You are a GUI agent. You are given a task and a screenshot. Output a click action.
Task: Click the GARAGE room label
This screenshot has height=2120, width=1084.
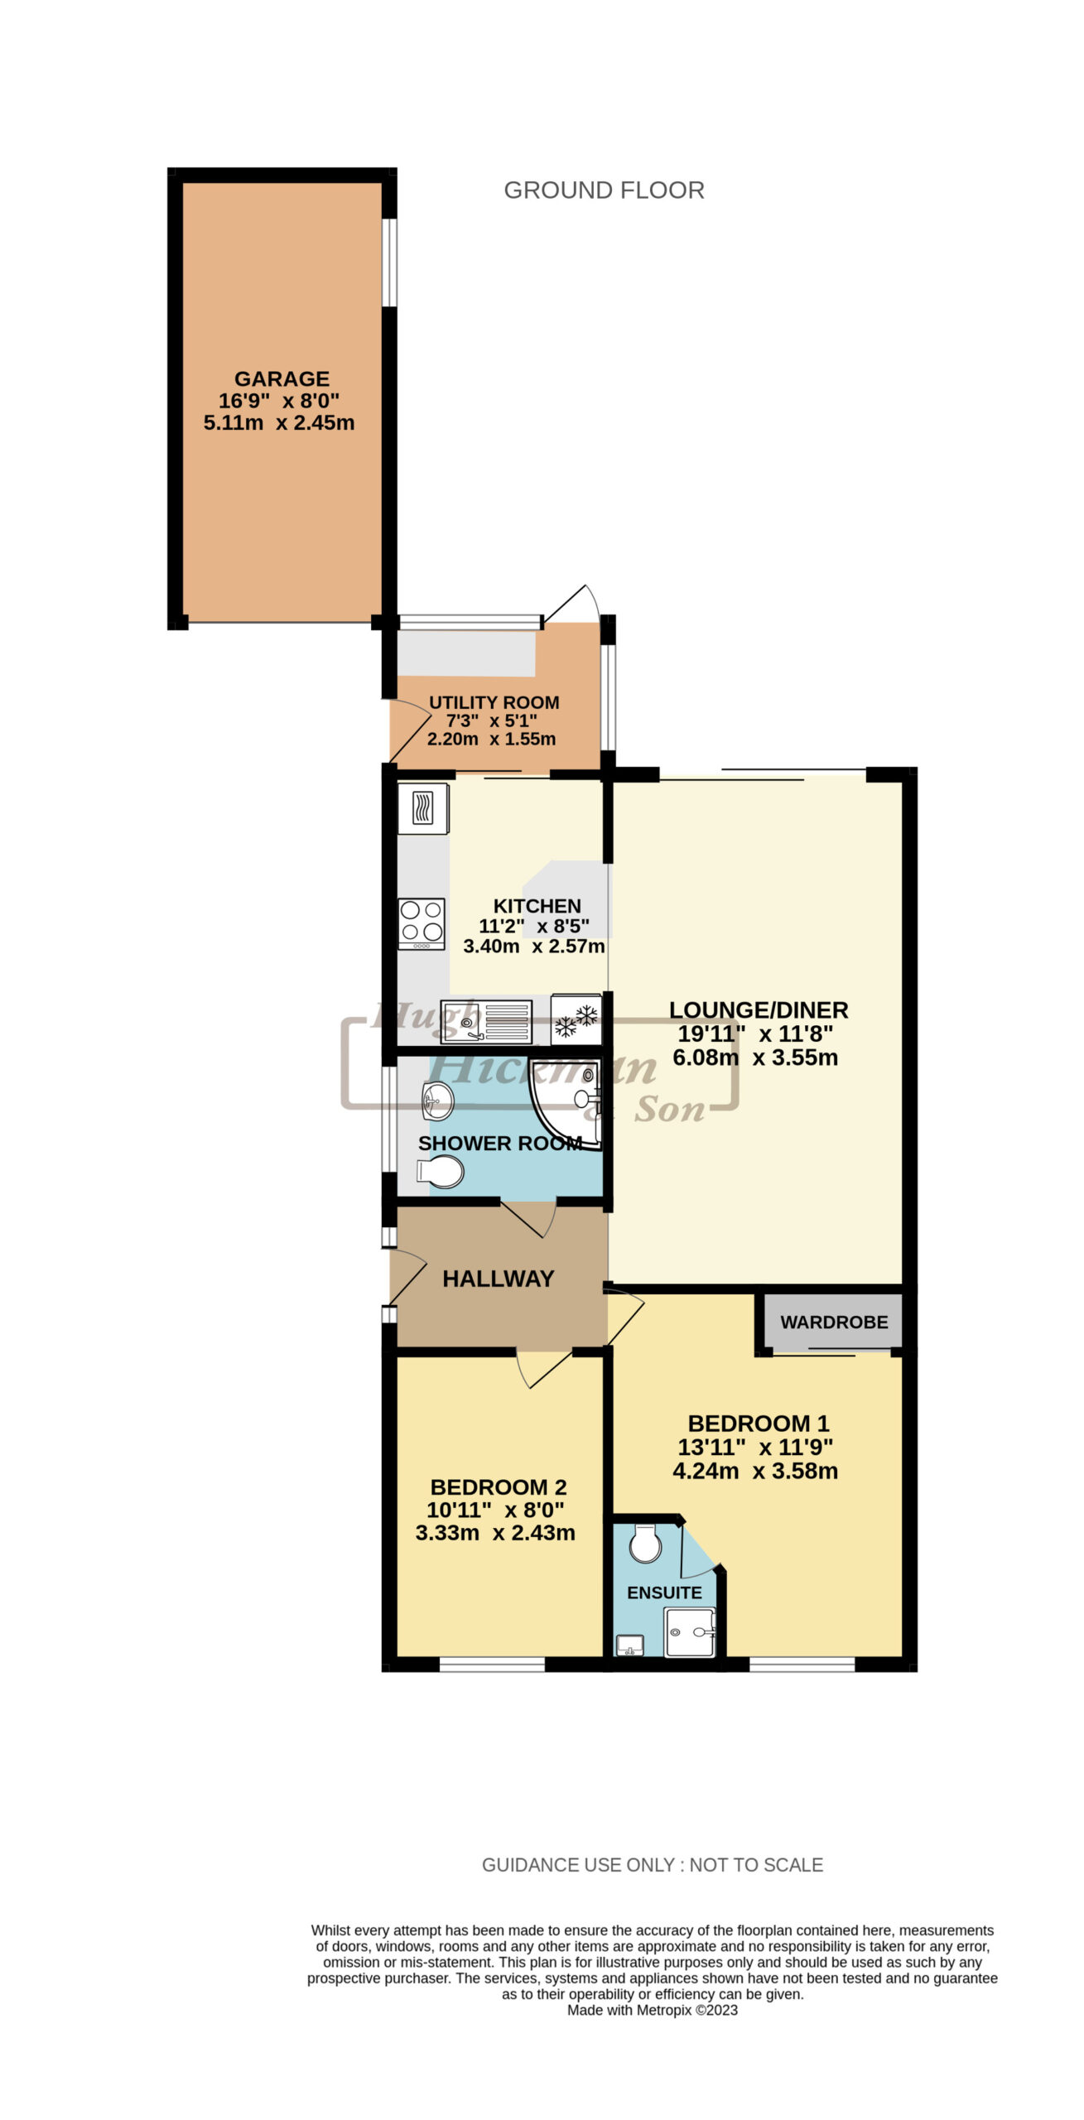click(282, 378)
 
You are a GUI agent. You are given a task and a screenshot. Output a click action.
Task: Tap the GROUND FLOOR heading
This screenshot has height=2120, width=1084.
click(604, 190)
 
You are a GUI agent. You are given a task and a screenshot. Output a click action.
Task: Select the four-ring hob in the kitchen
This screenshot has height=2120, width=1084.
click(422, 924)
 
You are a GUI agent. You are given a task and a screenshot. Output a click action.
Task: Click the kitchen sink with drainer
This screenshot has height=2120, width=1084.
click(486, 1022)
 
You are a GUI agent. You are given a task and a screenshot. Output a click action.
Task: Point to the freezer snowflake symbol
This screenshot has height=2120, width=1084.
click(576, 1020)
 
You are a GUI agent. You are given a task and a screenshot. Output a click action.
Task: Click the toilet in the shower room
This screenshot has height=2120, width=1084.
click(440, 1172)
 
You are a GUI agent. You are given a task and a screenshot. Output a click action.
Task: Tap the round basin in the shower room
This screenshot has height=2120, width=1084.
click(438, 1100)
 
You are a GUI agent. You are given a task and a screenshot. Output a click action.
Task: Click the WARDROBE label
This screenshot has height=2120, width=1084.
click(834, 1322)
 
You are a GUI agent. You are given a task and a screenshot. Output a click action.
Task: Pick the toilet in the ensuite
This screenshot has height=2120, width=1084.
click(644, 1542)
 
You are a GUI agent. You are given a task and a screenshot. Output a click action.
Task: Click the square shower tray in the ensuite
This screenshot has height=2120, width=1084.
click(690, 1632)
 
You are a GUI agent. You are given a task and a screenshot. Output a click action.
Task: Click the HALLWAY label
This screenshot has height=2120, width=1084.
click(498, 1279)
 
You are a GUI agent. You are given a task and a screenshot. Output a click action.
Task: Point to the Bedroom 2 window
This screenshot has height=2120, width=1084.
click(492, 1664)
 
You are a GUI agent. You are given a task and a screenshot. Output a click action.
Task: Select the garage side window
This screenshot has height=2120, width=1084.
click(389, 263)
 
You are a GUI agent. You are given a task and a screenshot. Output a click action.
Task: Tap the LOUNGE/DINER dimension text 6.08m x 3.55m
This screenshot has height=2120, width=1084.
click(755, 1058)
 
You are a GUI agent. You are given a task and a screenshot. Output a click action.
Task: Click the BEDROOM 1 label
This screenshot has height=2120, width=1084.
click(759, 1424)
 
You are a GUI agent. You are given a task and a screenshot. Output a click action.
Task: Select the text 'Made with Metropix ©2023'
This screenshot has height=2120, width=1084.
click(653, 2010)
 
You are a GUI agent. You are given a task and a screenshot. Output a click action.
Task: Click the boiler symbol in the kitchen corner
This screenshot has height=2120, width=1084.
click(424, 808)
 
